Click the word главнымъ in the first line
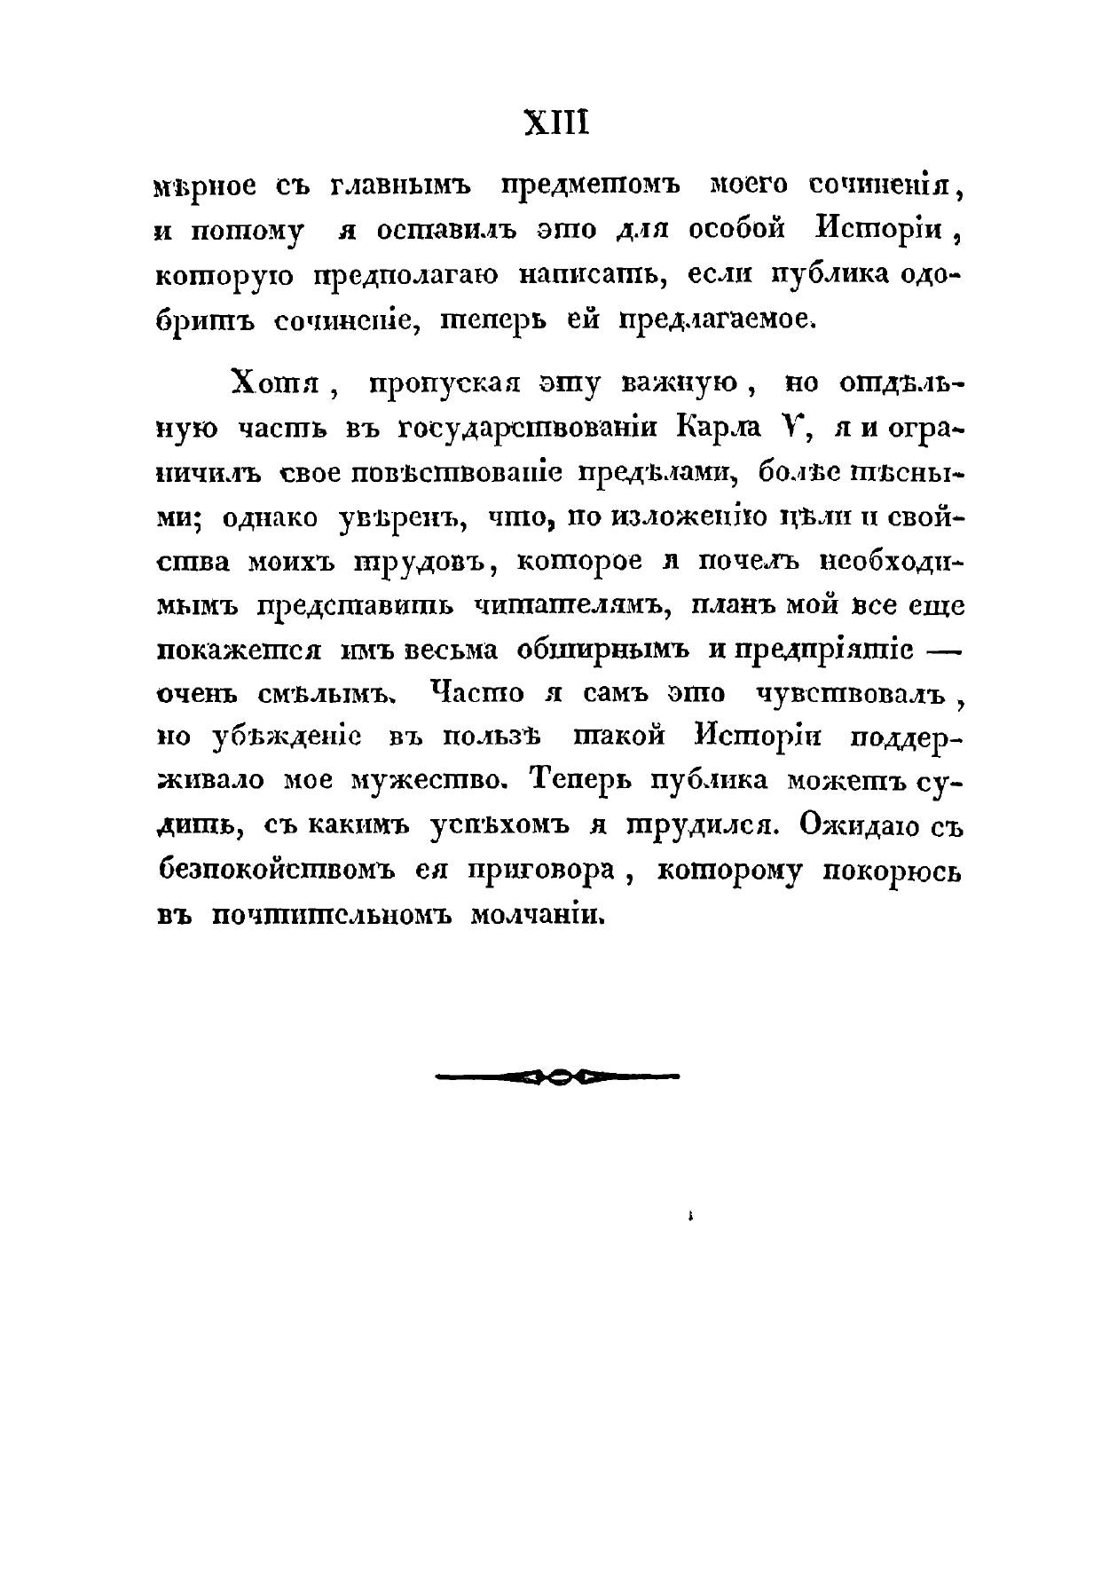coord(400,186)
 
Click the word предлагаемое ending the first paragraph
coord(721,319)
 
